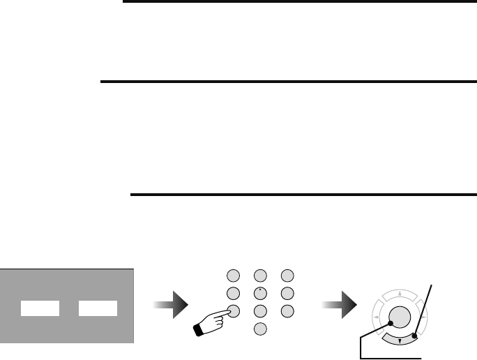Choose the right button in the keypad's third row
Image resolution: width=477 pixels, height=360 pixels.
pyautogui.click(x=286, y=310)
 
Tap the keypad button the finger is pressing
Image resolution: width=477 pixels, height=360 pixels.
pyautogui.click(x=234, y=310)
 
